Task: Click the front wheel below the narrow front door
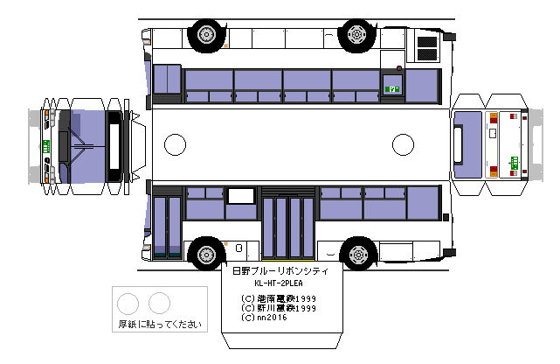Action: pyautogui.click(x=206, y=254)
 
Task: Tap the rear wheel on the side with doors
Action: pyautogui.click(x=357, y=254)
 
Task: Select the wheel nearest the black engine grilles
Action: pyautogui.click(x=356, y=34)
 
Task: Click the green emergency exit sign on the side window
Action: pyautogui.click(x=392, y=87)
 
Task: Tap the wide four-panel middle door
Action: pyautogui.click(x=288, y=227)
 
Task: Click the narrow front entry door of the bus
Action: pyautogui.click(x=167, y=227)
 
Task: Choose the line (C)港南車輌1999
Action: pyautogui.click(x=280, y=298)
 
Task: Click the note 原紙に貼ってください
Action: pyautogui.click(x=160, y=324)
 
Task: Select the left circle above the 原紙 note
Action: pyautogui.click(x=128, y=303)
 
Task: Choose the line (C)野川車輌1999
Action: pyautogui.click(x=280, y=308)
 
